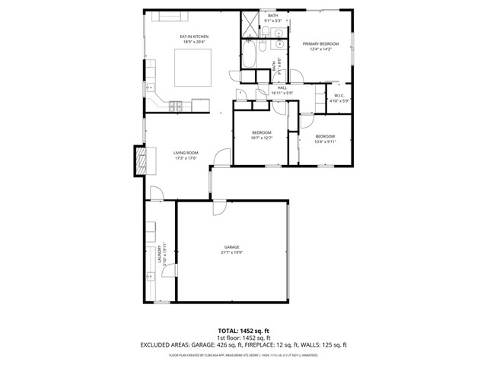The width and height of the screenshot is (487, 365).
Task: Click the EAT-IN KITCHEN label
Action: (194, 36)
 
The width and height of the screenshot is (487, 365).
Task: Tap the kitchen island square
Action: (195, 68)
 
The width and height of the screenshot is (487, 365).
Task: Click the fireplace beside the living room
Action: (139, 161)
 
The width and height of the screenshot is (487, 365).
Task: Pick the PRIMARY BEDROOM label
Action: (320, 44)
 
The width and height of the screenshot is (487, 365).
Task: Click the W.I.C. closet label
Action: (339, 95)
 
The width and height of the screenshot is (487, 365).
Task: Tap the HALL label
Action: (282, 87)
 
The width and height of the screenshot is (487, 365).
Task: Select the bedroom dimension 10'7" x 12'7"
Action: (262, 138)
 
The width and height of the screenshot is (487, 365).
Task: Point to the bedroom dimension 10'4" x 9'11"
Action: (325, 141)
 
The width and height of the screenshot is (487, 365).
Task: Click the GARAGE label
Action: (231, 247)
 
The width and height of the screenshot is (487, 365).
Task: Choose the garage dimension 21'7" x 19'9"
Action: (231, 254)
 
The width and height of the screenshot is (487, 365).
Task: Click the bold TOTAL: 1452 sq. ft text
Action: (243, 331)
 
